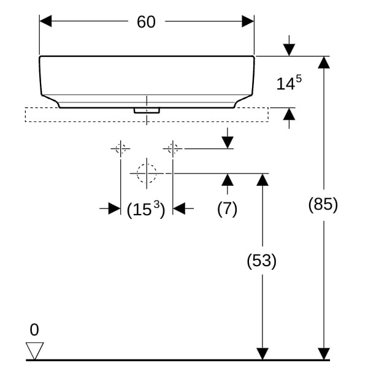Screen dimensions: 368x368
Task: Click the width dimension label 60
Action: pos(147,22)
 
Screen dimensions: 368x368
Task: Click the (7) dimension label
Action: pos(228,209)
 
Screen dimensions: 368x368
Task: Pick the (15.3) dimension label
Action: pos(146,210)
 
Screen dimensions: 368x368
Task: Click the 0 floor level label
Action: pos(34,330)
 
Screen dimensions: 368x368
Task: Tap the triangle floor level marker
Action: pos(35,351)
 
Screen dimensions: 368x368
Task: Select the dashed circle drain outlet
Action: pos(147,173)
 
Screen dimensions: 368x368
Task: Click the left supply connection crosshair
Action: pos(120,148)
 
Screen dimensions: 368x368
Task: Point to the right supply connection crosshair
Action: pos(173,148)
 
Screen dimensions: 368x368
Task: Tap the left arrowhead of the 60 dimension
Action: pos(46,22)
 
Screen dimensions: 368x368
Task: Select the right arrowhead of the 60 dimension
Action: pos(248,22)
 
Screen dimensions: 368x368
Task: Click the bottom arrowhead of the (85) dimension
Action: pos(323,354)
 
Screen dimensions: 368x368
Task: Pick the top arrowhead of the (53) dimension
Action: pos(263,179)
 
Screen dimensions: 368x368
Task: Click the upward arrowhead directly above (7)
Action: pos(228,179)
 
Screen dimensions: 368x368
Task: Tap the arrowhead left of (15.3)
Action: pos(114,209)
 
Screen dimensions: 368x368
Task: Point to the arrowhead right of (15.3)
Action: pos(179,209)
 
